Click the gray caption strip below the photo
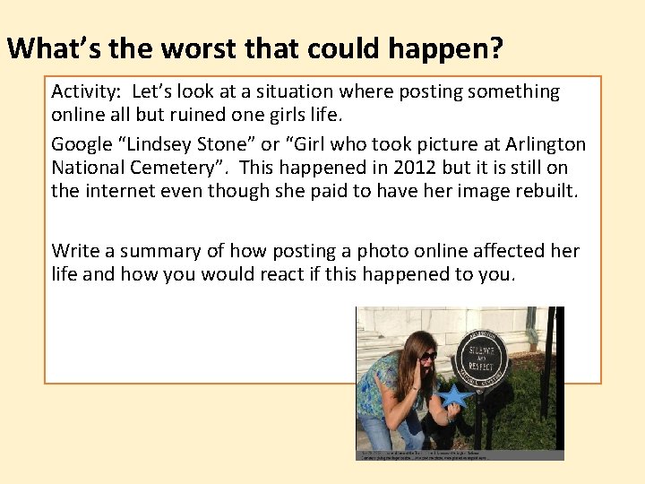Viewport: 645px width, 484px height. click(460, 454)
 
